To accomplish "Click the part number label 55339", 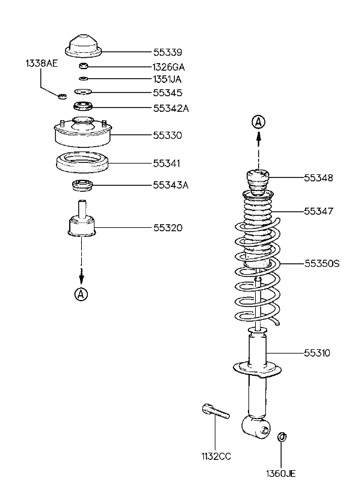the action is pos(168,52).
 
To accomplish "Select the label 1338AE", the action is pos(42,64).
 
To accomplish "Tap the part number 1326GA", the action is pos(168,67).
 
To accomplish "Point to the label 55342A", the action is pos(171,108).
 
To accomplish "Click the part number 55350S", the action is pos(322,263).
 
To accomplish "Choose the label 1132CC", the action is pos(216,456).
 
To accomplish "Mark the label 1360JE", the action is pos(281,474).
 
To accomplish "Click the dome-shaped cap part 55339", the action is pos(84,46).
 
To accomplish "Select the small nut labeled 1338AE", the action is pos(63,96).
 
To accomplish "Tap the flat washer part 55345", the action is pos(83,92).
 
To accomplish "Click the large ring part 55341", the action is pos(83,163).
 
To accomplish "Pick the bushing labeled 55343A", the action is pos(82,185).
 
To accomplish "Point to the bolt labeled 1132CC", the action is pos(215,412).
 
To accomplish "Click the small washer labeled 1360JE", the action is pos(282,436).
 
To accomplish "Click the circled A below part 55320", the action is pos(81,294).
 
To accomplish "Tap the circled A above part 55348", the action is pos(258,122).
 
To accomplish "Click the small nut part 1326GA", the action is pos(84,66).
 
